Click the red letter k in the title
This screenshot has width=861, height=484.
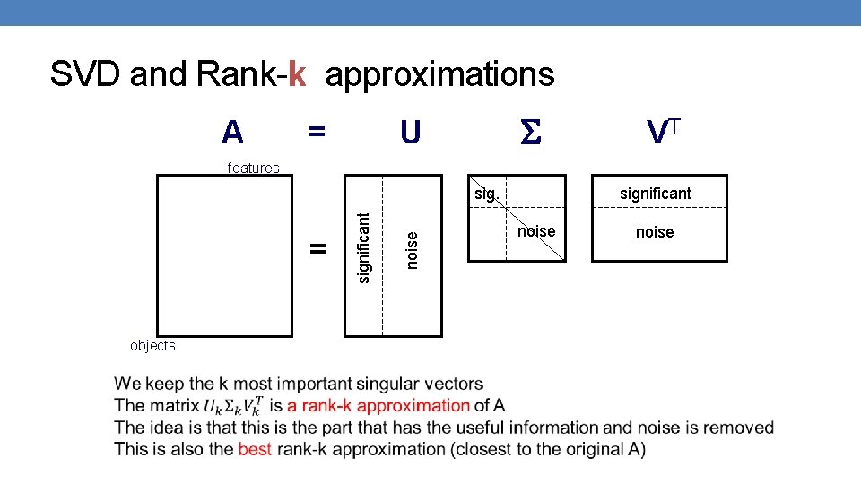pyautogui.click(x=298, y=74)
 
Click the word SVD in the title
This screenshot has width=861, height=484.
pyautogui.click(x=86, y=74)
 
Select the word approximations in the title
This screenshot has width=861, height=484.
pyautogui.click(x=439, y=75)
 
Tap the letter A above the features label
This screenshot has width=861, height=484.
pyautogui.click(x=232, y=133)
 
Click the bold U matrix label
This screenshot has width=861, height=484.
pyautogui.click(x=410, y=133)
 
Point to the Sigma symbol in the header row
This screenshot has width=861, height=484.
pyautogui.click(x=531, y=134)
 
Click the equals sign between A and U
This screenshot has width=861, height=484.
pyautogui.click(x=315, y=132)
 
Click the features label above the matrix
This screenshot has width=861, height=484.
pyautogui.click(x=253, y=168)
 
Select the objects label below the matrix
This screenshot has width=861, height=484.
pyautogui.click(x=152, y=346)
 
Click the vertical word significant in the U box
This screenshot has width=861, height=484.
pyautogui.click(x=364, y=247)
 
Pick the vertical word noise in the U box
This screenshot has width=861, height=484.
pyautogui.click(x=412, y=250)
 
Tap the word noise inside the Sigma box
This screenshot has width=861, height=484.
pyautogui.click(x=536, y=231)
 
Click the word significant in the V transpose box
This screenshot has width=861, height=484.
pyautogui.click(x=655, y=193)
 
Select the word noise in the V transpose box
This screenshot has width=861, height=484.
pyautogui.click(x=655, y=232)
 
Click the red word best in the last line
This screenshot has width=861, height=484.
pyautogui.click(x=255, y=448)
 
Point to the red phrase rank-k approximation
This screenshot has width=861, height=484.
pyautogui.click(x=378, y=405)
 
